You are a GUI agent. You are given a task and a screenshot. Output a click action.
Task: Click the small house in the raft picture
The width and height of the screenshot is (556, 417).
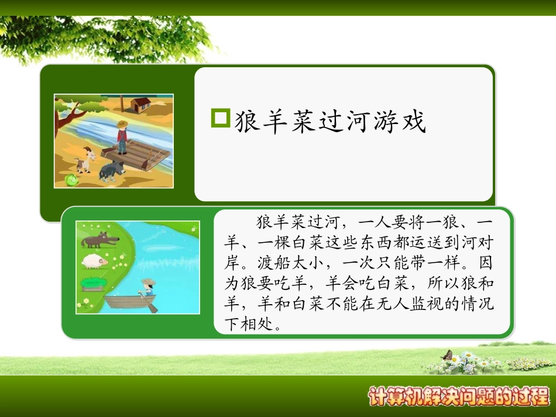[140, 105]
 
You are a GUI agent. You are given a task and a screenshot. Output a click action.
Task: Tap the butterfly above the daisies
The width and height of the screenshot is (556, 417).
[448, 355]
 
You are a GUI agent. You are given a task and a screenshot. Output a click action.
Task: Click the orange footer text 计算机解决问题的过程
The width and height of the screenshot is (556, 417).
[459, 396]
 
